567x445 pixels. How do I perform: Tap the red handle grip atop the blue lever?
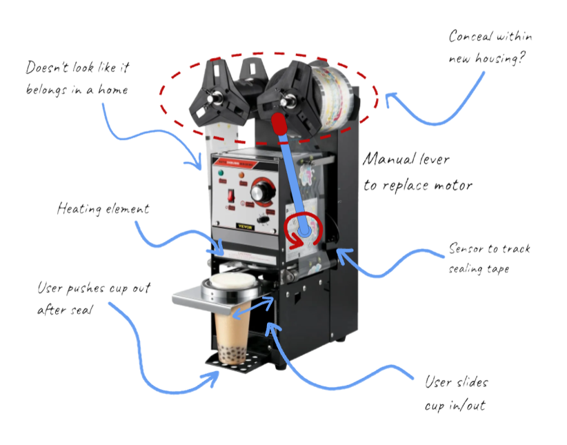coord(279,125)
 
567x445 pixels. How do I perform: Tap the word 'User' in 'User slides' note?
coord(439,382)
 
